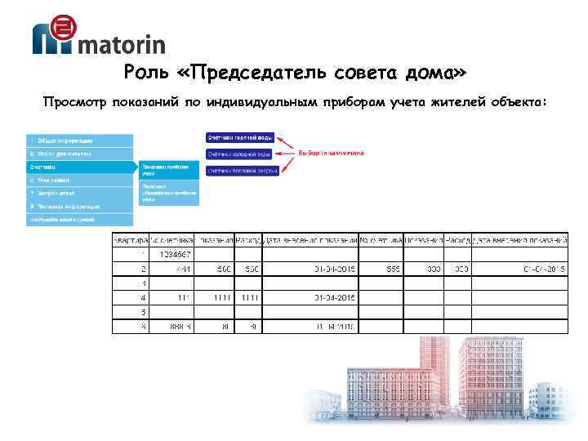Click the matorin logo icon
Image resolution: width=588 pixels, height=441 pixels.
click(x=54, y=36)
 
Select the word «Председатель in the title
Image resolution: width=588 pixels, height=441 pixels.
click(x=252, y=74)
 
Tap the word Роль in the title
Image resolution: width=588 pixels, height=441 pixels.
click(x=146, y=74)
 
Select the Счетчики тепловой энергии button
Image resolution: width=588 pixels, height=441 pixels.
click(x=242, y=171)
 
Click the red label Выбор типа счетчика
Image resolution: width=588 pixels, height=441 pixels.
click(x=330, y=153)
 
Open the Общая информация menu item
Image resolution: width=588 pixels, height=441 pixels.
click(x=79, y=140)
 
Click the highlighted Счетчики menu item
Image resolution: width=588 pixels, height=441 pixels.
click(x=79, y=166)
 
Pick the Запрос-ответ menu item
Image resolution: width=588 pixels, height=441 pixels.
click(x=79, y=193)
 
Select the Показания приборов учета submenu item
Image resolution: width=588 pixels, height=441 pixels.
click(x=168, y=169)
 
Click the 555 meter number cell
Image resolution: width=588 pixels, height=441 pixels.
click(x=382, y=269)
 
